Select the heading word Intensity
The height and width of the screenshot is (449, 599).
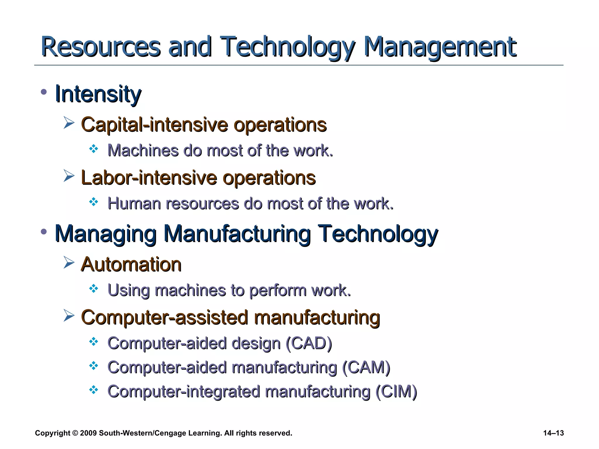[98, 94]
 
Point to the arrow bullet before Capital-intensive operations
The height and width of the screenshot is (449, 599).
[69, 123]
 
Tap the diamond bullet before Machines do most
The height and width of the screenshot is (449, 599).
[94, 149]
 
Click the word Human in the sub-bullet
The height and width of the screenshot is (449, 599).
[134, 203]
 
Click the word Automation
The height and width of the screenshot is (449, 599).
[131, 265]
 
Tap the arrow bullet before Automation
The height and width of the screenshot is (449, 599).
[69, 263]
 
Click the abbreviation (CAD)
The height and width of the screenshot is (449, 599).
[309, 343]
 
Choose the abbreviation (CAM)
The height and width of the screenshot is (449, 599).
[366, 367]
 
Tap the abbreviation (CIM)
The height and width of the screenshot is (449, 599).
[396, 392]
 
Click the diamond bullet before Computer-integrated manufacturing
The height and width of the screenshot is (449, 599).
[94, 390]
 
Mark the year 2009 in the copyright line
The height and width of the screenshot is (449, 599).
[88, 433]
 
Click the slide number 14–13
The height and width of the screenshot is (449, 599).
[553, 433]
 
